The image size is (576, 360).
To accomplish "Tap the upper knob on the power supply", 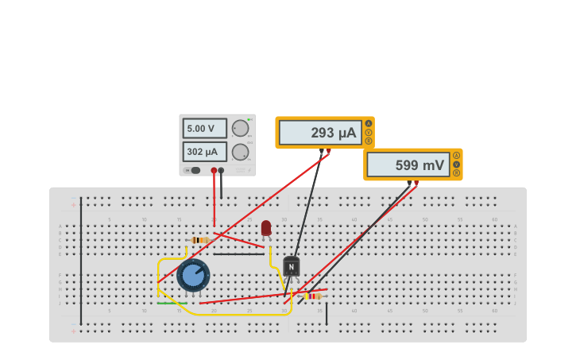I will click(240, 128).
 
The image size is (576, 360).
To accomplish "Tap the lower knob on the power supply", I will click(240, 152).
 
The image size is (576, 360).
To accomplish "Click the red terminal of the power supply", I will click(214, 170).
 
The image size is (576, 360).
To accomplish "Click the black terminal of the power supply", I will click(221, 170).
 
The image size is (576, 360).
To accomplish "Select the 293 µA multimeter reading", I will click(321, 133).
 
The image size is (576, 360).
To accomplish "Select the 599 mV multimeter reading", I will click(408, 165).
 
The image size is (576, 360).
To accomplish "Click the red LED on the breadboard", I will click(266, 228).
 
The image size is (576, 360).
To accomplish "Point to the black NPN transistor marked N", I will click(292, 266).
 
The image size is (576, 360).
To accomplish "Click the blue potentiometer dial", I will click(193, 275).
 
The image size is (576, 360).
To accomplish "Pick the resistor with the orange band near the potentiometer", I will click(200, 239).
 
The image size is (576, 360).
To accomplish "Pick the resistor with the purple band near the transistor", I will click(313, 296).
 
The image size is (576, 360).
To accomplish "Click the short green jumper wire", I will click(172, 303).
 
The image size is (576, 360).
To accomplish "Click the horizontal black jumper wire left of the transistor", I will click(238, 254).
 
